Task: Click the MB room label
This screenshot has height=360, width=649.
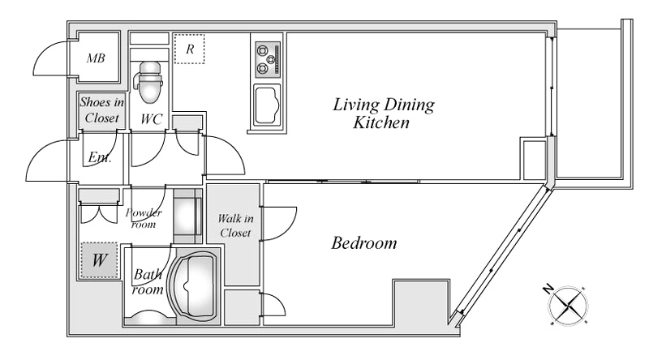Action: pos(96,58)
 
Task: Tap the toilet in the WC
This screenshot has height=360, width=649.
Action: pos(149,82)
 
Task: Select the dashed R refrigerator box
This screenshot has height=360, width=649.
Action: pos(189,49)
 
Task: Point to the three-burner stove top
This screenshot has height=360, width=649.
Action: pos(268,59)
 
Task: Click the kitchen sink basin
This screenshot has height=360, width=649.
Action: pos(267,105)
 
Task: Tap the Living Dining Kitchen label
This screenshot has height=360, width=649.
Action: pos(383,113)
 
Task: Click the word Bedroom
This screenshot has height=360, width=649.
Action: pos(363,243)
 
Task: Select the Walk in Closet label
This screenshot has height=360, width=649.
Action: pos(235,225)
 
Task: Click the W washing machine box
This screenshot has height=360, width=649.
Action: pos(99,259)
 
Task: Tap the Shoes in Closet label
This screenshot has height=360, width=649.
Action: pos(102,110)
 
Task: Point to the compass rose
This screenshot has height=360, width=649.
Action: pos(568,306)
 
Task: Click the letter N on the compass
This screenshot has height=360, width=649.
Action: pos(548,288)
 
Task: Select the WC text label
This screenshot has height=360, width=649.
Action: pos(151,119)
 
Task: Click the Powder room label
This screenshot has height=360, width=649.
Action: pos(144,218)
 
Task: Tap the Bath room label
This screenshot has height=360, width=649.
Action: pos(148,282)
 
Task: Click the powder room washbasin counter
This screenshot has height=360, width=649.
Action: pos(187,216)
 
